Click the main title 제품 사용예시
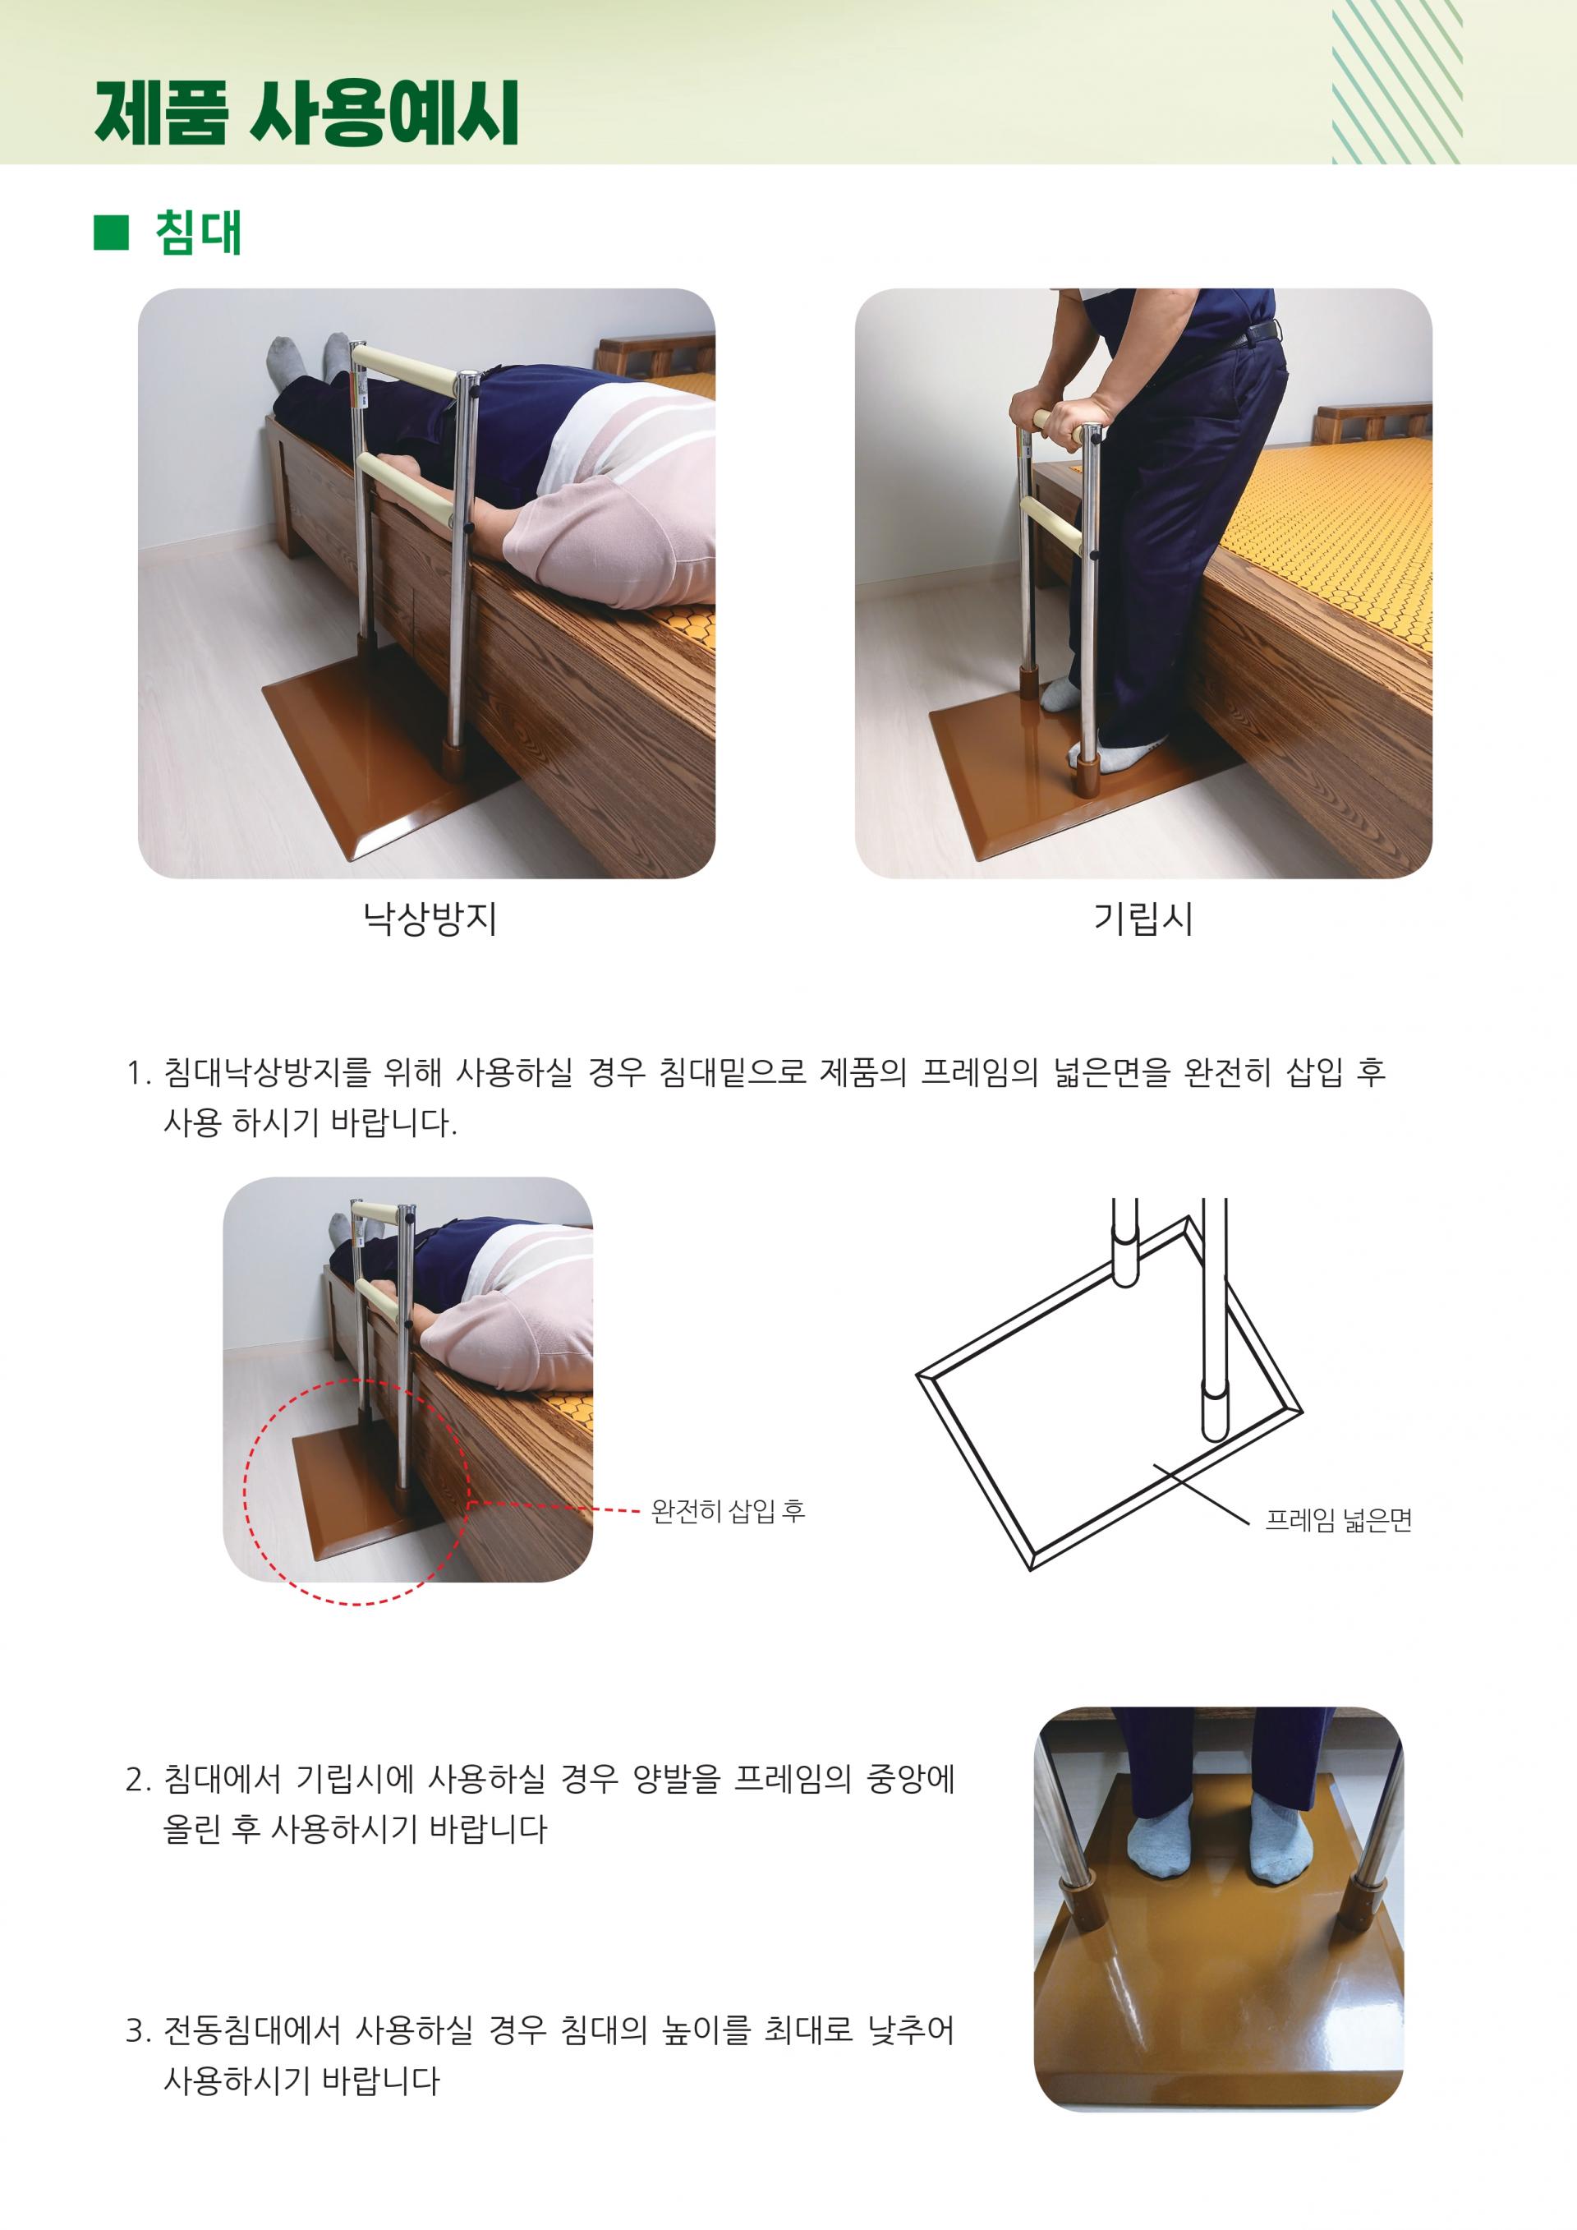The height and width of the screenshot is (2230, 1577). click(x=307, y=113)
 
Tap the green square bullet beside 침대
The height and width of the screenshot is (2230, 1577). click(x=112, y=233)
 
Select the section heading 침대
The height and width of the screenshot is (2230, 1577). click(x=198, y=233)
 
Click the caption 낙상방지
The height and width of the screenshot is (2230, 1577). click(x=430, y=918)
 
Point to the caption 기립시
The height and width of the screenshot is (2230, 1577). click(x=1143, y=918)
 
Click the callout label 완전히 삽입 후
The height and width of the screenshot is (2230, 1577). click(x=728, y=1511)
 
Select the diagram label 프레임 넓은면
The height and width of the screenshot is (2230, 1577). click(x=1338, y=1521)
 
